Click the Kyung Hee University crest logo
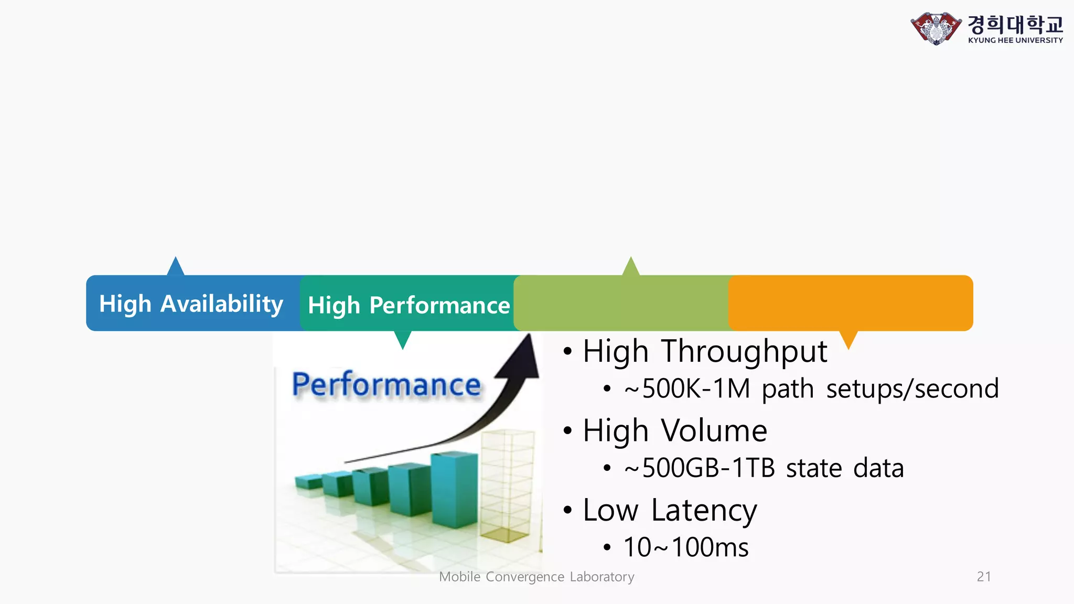[936, 28]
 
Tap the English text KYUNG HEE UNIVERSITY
[1015, 40]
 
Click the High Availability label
[191, 304]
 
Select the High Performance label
[409, 305]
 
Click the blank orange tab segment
[851, 303]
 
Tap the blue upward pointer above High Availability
[176, 266]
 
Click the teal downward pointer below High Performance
[403, 339]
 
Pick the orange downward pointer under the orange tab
[849, 339]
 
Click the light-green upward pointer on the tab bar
[631, 266]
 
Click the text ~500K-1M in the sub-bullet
[687, 389]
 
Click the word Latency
[704, 510]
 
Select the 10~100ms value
[685, 547]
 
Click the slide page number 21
[984, 577]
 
